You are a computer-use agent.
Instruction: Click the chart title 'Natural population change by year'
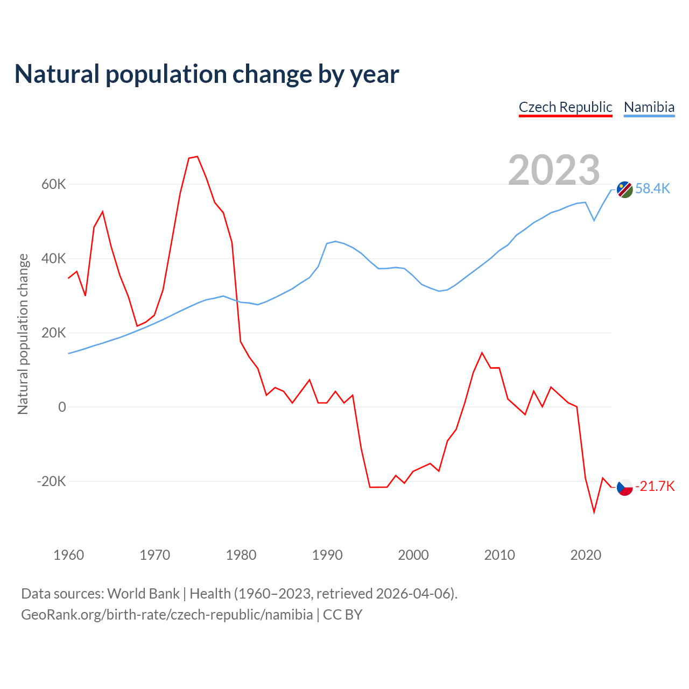tap(207, 74)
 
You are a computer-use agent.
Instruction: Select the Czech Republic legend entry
tap(565, 107)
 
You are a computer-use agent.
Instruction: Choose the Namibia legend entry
tap(649, 107)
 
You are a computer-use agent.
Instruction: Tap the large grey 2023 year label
tap(554, 170)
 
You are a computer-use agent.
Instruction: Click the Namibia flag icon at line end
tap(624, 189)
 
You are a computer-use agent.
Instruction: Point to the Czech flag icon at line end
tap(624, 487)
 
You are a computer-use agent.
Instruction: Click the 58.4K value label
tap(652, 188)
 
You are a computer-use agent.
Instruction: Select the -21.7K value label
tap(655, 487)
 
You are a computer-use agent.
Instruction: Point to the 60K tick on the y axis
tap(54, 185)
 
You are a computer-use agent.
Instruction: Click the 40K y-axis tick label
tap(54, 259)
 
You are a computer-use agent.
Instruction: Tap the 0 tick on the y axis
tap(62, 407)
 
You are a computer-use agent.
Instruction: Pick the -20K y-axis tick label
tap(51, 481)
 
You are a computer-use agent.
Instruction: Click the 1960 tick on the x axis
tap(69, 555)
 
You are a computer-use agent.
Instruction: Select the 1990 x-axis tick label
tap(327, 555)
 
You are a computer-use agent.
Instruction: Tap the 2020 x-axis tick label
tap(586, 555)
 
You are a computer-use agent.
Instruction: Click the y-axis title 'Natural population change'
tap(23, 334)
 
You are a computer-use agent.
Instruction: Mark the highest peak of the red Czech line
tap(198, 157)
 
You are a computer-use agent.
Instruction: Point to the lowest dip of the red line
tap(594, 512)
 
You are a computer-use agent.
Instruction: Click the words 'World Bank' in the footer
tap(143, 594)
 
